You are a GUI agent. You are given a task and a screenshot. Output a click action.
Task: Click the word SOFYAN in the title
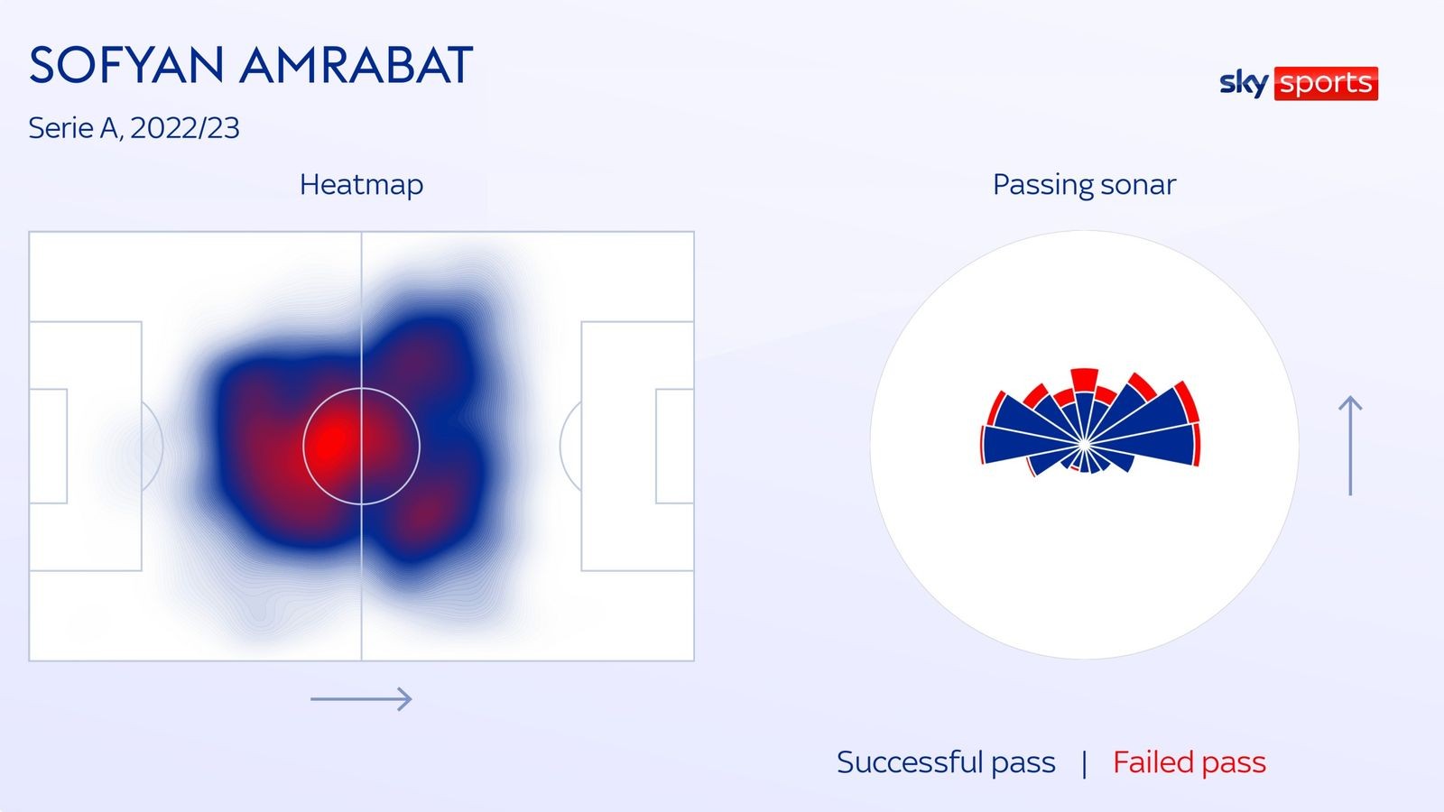(x=126, y=65)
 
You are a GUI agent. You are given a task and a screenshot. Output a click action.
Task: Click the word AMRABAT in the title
(x=356, y=65)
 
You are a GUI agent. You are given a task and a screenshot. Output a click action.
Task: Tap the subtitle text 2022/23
(x=184, y=128)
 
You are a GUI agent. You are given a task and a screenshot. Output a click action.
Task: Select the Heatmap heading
(x=361, y=184)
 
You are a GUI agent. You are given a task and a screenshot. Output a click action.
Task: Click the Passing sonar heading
(x=1084, y=184)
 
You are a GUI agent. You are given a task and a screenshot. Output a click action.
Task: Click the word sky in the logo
(x=1243, y=83)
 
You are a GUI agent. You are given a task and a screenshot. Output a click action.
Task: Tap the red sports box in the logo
(x=1325, y=83)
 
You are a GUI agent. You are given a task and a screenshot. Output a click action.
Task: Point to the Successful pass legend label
(x=945, y=762)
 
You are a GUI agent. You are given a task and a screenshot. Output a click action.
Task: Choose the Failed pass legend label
(x=1189, y=762)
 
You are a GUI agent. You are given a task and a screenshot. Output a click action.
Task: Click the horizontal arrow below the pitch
(x=361, y=698)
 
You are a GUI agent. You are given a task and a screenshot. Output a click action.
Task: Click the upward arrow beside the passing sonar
(x=1350, y=446)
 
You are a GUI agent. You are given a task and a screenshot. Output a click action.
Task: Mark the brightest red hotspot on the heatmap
(x=334, y=441)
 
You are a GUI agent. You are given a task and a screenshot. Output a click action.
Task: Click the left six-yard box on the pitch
(x=49, y=446)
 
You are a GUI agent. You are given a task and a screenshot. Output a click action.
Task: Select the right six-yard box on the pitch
(x=674, y=446)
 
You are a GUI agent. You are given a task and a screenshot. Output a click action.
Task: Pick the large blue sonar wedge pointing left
(x=1015, y=445)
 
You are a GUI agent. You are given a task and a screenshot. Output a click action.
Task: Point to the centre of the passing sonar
(x=1084, y=445)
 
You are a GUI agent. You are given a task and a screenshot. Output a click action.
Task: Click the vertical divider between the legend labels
(x=1084, y=763)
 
